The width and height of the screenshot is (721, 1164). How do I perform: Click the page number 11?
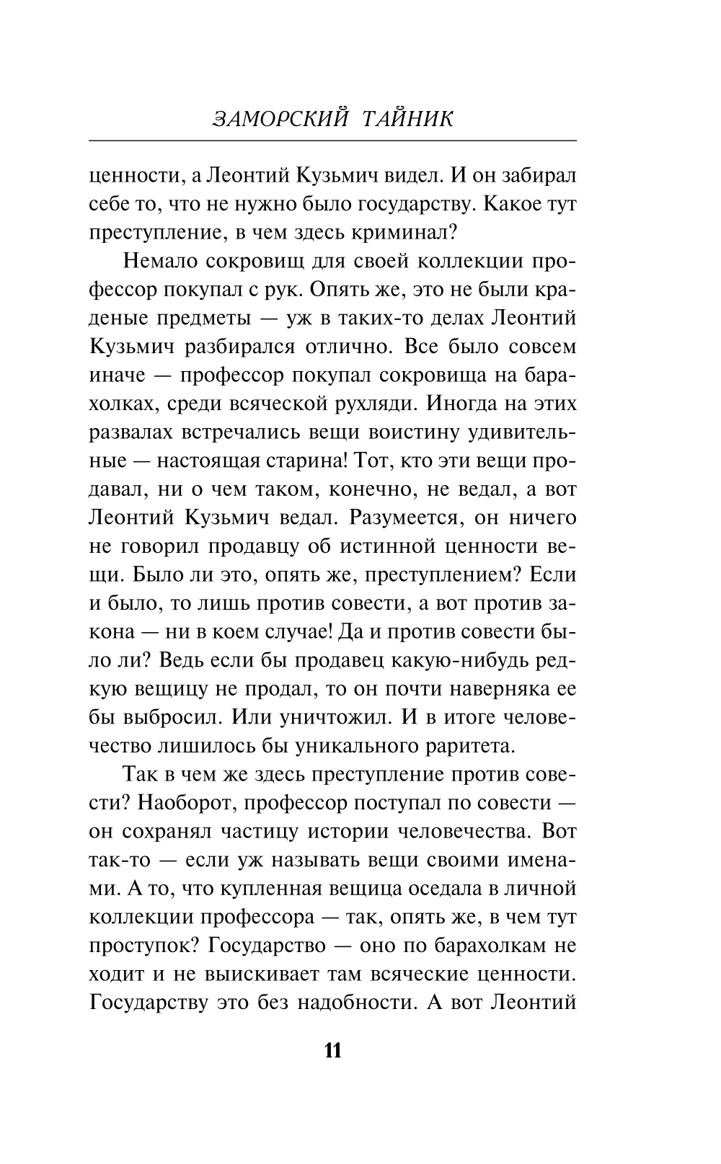coord(332,1050)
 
